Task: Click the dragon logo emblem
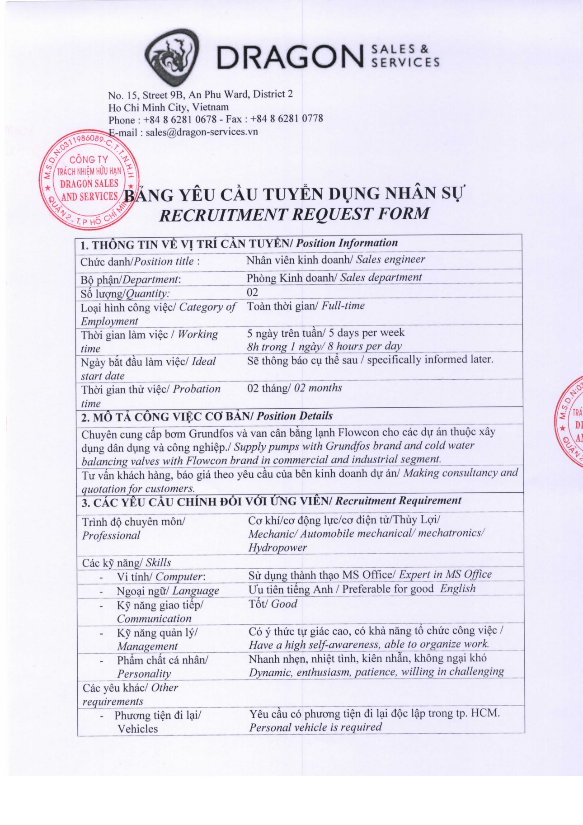point(171,57)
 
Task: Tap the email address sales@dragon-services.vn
point(202,132)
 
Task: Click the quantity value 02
point(252,292)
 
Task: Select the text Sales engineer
point(390,259)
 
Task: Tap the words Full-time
point(343,306)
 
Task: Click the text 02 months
point(318,388)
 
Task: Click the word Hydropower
point(277,547)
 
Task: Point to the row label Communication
point(154,618)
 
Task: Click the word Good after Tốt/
point(284,604)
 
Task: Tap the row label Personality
point(144,674)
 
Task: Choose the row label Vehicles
point(138,729)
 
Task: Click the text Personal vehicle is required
point(315,727)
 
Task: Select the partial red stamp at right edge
point(570,420)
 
